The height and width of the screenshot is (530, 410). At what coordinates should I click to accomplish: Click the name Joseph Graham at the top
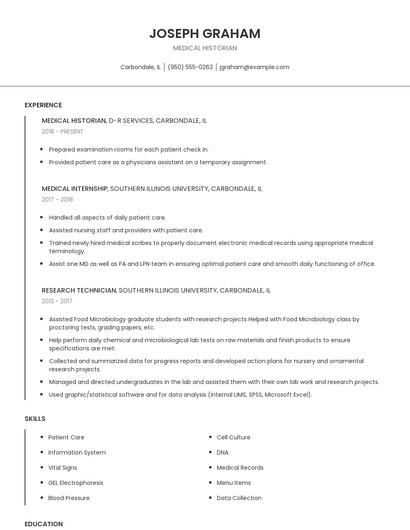point(205,33)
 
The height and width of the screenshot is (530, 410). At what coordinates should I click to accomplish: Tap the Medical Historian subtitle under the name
point(205,47)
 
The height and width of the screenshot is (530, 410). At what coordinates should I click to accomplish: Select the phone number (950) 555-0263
point(190,67)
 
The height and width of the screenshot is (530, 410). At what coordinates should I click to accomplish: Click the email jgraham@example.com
point(254,67)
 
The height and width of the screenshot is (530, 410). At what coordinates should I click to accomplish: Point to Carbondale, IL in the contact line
point(140,67)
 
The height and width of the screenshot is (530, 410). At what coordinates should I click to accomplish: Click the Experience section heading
point(43,105)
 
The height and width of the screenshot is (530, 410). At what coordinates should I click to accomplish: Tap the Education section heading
point(44,523)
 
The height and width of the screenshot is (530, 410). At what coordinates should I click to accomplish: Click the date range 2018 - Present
point(62,131)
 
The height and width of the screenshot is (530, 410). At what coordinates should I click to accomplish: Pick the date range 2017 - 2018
point(57,199)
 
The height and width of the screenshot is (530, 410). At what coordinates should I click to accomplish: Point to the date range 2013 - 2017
point(57,301)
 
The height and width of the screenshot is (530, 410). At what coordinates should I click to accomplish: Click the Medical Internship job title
point(75,188)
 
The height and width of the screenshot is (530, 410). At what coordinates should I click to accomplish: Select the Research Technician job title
point(79,290)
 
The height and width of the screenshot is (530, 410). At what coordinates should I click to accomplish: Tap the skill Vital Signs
point(63,467)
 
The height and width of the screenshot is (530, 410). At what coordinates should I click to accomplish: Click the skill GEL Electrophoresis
point(75,482)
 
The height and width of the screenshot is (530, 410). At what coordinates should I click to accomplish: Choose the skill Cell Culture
point(233,437)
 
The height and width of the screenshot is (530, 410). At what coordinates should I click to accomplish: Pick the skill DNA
point(222,452)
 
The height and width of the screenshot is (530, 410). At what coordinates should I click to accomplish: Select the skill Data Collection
point(239,497)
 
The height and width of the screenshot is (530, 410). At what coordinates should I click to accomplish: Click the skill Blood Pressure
point(68,497)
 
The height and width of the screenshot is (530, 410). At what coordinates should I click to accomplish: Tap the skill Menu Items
point(234,482)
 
